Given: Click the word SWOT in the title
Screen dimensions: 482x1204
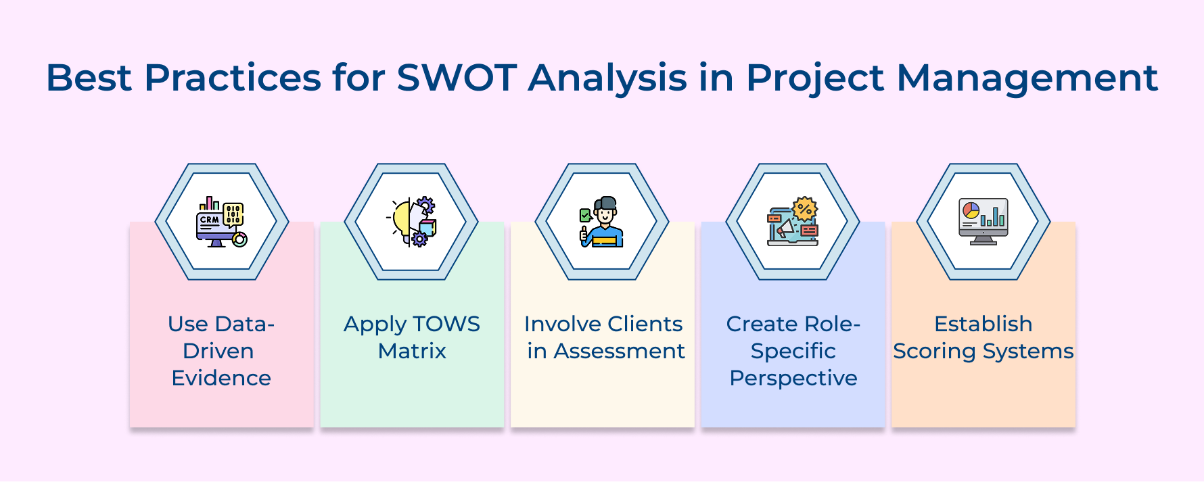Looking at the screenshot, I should pos(457,78).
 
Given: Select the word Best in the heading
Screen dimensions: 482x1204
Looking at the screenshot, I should pos(88,78).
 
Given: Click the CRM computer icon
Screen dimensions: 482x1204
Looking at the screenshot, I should pos(221,222).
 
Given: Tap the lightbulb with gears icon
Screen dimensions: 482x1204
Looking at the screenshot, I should pos(412,222).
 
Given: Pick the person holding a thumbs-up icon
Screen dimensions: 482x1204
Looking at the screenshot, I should pos(602,222).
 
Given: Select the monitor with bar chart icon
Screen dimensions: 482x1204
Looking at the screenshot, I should pos(983,222).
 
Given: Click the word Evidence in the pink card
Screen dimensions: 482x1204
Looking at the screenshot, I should pos(221,378).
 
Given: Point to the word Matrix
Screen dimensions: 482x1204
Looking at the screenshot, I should pos(412,351).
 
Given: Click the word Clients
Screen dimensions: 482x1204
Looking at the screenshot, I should pos(645,324).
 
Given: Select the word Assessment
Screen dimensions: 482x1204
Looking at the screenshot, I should pos(619,351).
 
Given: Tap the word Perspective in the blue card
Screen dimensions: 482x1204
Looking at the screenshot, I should pos(793,378).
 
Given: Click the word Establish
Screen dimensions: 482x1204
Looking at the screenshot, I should pos(983,324).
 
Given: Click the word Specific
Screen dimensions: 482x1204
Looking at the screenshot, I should pos(793,352).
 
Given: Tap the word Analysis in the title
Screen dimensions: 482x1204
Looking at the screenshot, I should pos(607,78).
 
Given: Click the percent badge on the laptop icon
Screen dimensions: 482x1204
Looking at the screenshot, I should pos(805,208).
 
